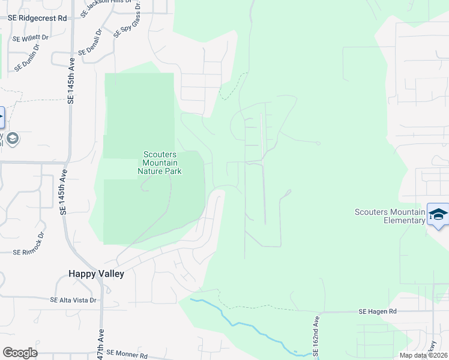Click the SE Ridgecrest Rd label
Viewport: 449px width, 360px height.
coord(37,18)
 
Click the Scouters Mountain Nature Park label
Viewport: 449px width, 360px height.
coord(160,163)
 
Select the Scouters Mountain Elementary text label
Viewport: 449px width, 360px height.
coord(390,216)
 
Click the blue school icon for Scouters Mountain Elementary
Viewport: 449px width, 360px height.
coord(438,215)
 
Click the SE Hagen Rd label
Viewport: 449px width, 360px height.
coord(378,311)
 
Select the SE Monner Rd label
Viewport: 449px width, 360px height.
coord(124,355)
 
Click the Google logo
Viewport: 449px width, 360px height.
coord(20,353)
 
